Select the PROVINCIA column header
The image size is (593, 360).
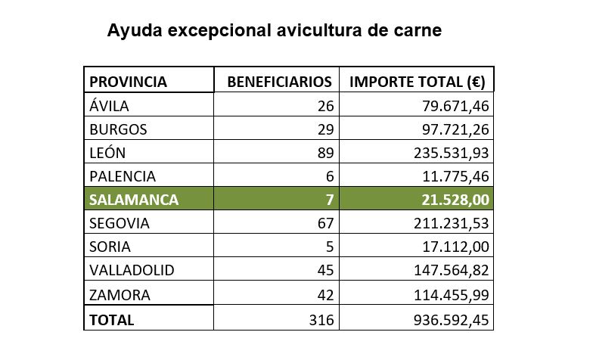[129, 82]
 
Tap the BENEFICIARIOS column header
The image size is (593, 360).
[280, 82]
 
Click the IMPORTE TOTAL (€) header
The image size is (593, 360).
[417, 82]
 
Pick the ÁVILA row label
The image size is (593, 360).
[110, 106]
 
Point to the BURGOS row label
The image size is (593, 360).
[118, 129]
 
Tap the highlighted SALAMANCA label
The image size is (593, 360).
[134, 200]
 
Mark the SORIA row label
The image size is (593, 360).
[110, 247]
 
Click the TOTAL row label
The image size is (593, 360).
[112, 320]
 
